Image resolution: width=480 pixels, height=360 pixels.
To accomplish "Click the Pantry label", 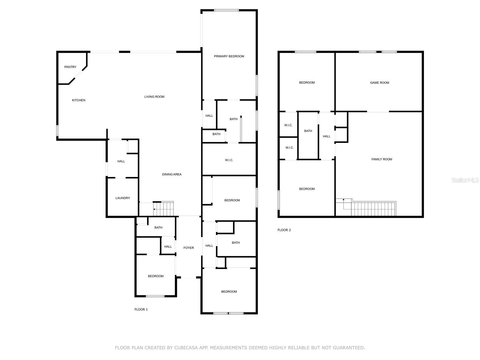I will click(x=70, y=67).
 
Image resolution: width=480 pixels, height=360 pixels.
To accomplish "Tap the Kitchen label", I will click(x=79, y=100).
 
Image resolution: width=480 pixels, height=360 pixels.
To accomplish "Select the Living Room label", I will click(x=154, y=97).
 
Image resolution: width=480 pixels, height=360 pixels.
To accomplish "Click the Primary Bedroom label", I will click(x=229, y=56).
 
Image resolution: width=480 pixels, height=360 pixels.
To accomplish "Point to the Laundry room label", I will click(x=123, y=198).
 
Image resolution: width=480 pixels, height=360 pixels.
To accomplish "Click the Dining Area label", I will click(x=172, y=174).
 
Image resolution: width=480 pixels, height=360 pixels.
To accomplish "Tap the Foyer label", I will click(x=189, y=248).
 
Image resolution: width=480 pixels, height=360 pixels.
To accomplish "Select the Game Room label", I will click(x=379, y=83).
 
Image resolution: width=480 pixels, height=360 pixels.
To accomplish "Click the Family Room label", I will click(x=382, y=159).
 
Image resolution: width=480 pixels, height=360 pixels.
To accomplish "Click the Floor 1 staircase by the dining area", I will click(x=163, y=209).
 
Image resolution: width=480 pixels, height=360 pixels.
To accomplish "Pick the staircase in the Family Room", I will click(x=373, y=209).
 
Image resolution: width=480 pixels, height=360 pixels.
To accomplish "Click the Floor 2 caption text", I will click(x=284, y=230).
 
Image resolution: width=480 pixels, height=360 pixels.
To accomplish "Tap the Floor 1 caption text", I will click(x=141, y=310).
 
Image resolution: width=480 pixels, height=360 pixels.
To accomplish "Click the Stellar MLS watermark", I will click(x=465, y=180).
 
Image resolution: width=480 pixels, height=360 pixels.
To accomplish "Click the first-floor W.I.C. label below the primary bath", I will click(x=229, y=160).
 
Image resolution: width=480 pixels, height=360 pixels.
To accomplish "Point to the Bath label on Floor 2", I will click(x=308, y=131).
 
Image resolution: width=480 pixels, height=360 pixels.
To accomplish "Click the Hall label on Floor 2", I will click(x=327, y=136).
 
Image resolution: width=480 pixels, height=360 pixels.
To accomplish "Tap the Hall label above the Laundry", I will click(x=121, y=161).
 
